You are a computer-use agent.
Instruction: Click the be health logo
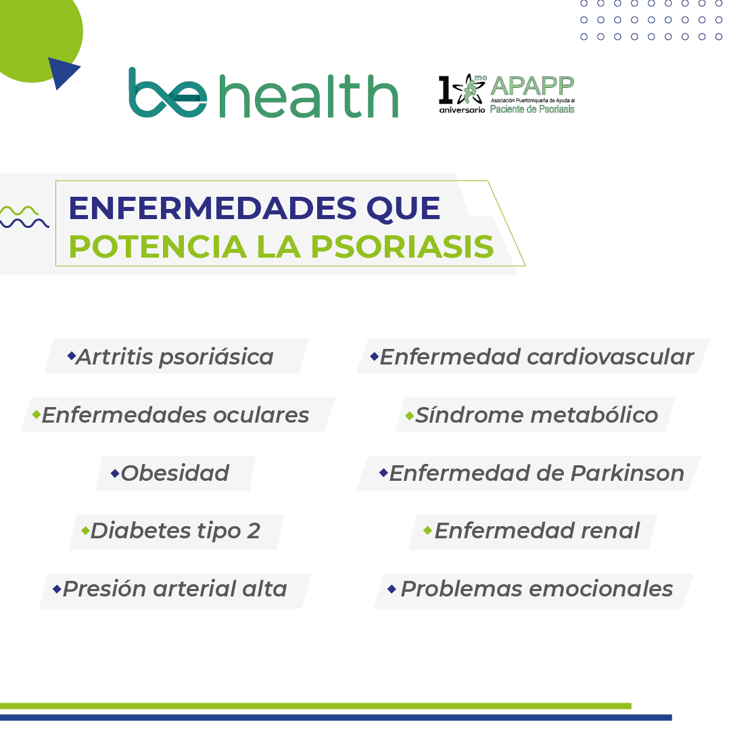(264, 93)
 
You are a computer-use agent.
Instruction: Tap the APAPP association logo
(506, 94)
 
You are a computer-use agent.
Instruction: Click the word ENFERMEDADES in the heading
(212, 208)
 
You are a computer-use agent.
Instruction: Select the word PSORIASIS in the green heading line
(402, 246)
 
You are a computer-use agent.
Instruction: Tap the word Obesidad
(175, 473)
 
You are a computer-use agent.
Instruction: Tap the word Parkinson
(628, 473)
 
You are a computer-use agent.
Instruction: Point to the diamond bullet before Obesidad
(115, 473)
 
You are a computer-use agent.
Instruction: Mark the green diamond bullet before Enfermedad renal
(427, 530)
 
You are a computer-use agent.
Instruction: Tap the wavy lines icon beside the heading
(24, 217)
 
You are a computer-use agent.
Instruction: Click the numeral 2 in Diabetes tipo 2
(254, 531)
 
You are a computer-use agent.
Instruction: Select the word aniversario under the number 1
(462, 110)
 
